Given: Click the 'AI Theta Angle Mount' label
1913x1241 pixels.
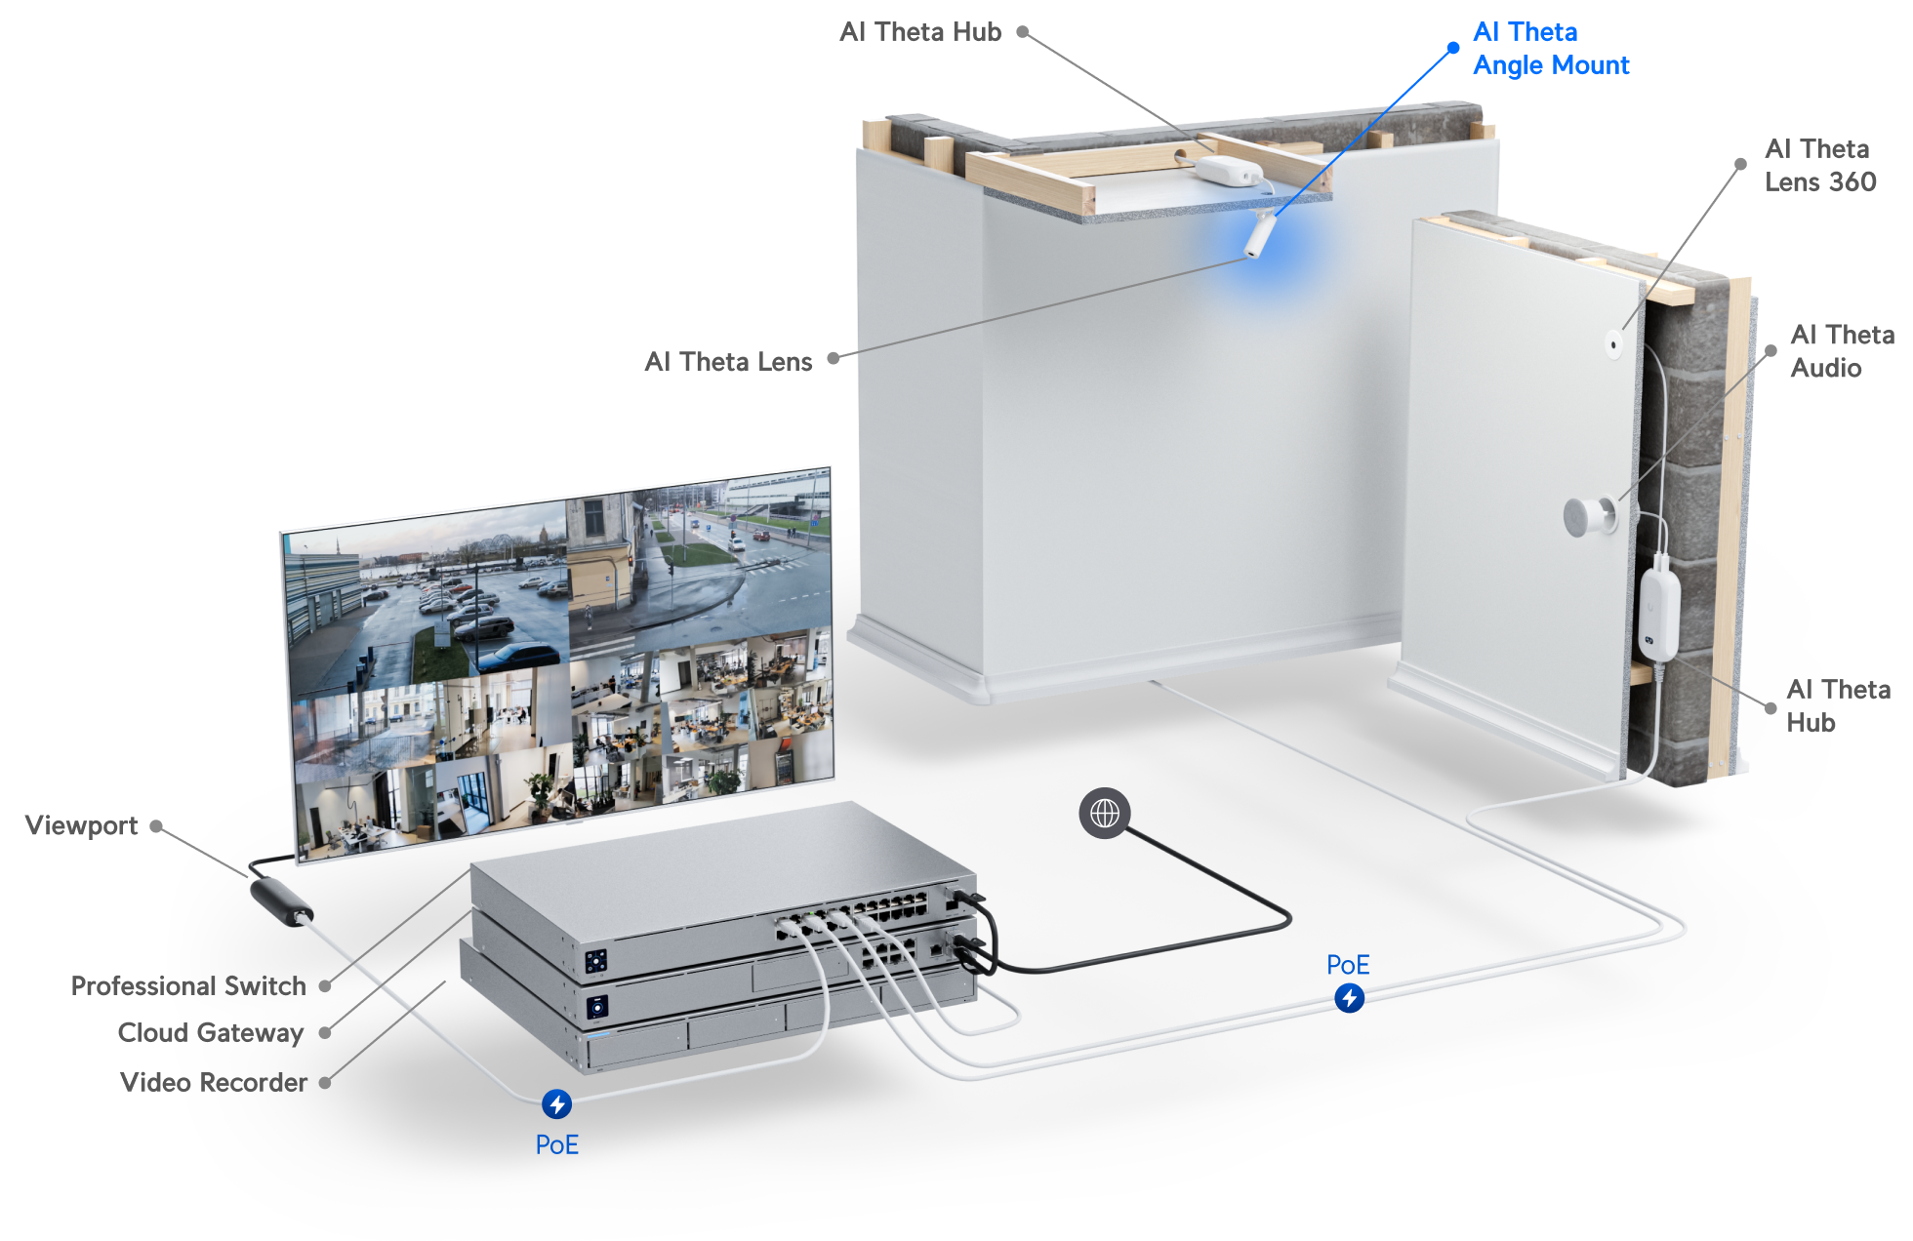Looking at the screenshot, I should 1550,49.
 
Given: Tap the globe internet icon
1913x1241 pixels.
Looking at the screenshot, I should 1104,813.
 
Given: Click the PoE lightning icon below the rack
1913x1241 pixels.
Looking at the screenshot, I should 556,1103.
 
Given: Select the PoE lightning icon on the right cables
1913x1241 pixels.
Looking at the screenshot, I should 1349,998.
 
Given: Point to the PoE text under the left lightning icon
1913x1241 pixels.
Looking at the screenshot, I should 556,1144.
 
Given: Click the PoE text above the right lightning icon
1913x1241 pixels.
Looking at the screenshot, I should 1348,965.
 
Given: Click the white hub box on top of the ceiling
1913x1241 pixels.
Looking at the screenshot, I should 1228,170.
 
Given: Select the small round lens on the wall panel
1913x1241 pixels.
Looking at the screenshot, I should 1613,342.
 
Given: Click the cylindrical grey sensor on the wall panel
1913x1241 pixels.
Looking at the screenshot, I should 1587,517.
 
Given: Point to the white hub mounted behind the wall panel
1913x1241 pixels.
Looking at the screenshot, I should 1658,615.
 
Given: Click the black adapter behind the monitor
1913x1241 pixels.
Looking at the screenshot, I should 281,901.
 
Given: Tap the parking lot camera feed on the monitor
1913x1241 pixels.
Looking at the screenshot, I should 425,595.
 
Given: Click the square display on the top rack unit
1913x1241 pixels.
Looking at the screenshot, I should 595,961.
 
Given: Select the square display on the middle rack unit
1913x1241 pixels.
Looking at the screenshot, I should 596,1006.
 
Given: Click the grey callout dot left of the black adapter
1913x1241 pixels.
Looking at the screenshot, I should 156,826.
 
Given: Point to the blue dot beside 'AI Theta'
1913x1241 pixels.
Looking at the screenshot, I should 1453,47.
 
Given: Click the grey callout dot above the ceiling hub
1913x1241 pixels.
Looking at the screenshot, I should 1022,32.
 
